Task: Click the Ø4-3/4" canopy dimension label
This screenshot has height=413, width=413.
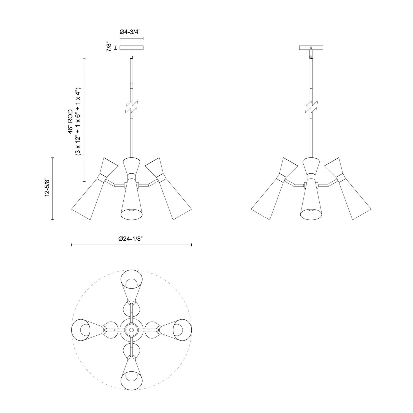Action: [x=131, y=31]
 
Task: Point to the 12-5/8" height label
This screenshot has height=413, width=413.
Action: [x=47, y=187]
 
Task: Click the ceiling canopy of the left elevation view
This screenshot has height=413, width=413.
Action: [x=132, y=48]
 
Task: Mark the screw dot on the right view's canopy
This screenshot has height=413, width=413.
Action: [x=311, y=48]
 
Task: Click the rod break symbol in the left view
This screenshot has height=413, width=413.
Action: [x=132, y=108]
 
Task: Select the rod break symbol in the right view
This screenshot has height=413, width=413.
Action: [x=311, y=108]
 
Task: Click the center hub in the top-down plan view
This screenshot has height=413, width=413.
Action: [x=131, y=330]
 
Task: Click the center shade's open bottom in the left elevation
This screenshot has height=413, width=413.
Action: [x=131, y=213]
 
